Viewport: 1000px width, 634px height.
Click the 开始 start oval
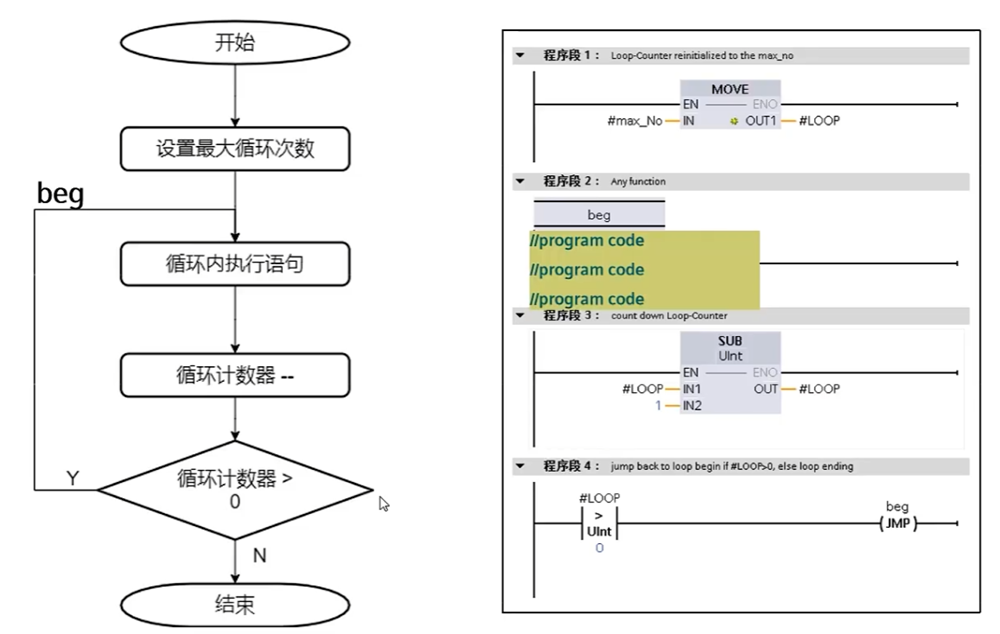pos(235,42)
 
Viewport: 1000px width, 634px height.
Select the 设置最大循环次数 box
pos(235,148)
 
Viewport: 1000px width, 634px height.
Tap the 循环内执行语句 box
pos(235,264)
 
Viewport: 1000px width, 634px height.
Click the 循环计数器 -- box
pos(235,375)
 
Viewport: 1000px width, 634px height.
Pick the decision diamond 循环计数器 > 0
pos(235,489)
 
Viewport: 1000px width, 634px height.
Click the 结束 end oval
pos(235,604)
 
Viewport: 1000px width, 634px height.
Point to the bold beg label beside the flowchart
pos(60,193)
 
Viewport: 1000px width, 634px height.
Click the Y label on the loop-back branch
pos(72,478)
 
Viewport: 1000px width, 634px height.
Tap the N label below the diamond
pos(259,555)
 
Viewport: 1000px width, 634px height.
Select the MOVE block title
pos(729,89)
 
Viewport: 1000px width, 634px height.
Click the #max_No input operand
pos(635,121)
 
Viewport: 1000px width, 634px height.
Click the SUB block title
pos(729,341)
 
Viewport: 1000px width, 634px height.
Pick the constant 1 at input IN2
pos(658,405)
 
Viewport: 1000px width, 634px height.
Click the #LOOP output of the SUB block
pos(819,389)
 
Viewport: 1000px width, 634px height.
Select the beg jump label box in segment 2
pos(599,215)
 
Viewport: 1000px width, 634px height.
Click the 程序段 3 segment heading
pos(571,316)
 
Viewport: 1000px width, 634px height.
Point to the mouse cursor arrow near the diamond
pos(383,503)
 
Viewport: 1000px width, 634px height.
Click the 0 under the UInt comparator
pos(599,547)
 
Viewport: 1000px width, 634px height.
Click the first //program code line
pos(587,241)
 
